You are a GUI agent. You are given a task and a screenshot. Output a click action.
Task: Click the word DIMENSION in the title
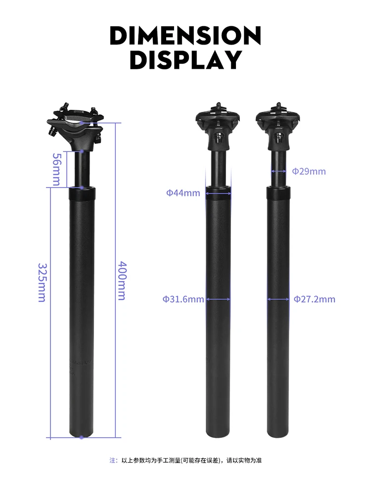[x=185, y=36]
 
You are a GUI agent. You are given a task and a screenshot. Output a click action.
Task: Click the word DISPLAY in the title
[x=185, y=60]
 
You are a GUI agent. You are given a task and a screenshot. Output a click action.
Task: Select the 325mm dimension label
[x=42, y=282]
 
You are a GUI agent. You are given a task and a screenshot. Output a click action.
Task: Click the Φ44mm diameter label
[x=183, y=193]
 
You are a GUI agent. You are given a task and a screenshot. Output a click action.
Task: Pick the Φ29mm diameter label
[x=309, y=172]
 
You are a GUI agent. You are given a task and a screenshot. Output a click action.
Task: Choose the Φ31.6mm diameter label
[x=183, y=299]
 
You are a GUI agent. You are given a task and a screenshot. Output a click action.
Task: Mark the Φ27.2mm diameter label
[x=314, y=299]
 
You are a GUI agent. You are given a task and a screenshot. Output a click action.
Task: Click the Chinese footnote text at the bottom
[x=185, y=460]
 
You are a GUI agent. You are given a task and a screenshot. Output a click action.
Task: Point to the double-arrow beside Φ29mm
[x=278, y=171]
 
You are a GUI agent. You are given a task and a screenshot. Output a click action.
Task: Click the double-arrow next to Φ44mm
[x=218, y=193]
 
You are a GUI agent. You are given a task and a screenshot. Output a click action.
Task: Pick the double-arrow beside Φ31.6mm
[x=218, y=299]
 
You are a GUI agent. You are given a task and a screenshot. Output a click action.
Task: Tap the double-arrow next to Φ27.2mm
[x=278, y=299]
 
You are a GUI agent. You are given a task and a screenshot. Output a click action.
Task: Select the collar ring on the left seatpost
[x=81, y=193]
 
